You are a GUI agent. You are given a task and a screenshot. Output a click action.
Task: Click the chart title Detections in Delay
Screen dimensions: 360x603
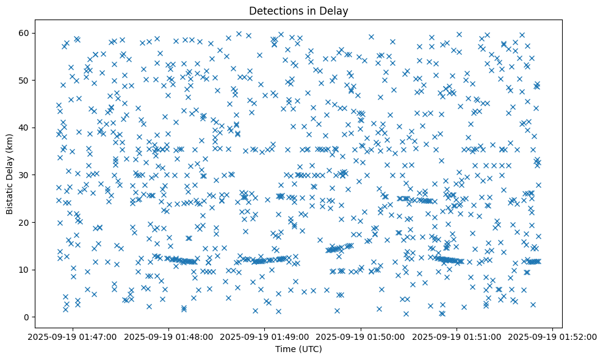click(x=298, y=10)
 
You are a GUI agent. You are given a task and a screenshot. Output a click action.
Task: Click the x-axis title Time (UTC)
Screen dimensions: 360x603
click(x=298, y=349)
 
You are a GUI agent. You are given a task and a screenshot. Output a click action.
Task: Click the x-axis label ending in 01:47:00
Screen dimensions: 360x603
click(x=73, y=336)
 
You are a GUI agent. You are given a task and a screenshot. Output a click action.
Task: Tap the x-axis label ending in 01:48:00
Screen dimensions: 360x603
click(x=169, y=336)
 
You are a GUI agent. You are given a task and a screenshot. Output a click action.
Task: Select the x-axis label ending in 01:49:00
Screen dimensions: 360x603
click(x=265, y=336)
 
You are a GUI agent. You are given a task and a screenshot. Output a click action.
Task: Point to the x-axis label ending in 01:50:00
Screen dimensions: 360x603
click(x=361, y=336)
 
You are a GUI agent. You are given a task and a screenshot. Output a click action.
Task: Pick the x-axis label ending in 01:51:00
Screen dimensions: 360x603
click(x=457, y=336)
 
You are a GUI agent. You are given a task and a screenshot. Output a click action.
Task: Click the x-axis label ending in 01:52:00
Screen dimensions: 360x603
click(x=553, y=336)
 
